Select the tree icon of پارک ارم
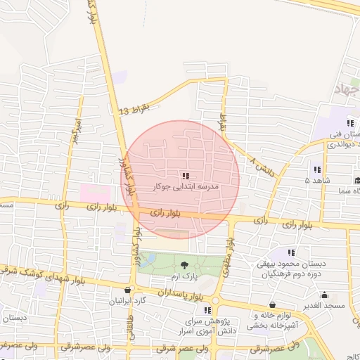pyautogui.click(x=184, y=265)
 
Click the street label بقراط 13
pyautogui.click(x=134, y=110)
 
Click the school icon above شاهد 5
pyautogui.click(x=316, y=169)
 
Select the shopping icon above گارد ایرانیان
pyautogui.click(x=127, y=290)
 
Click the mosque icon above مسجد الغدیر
pyautogui.click(x=324, y=295)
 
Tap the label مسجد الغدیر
pyautogui.click(x=324, y=307)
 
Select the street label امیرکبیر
pyautogui.click(x=73, y=131)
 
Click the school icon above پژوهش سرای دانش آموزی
pyautogui.click(x=207, y=309)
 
